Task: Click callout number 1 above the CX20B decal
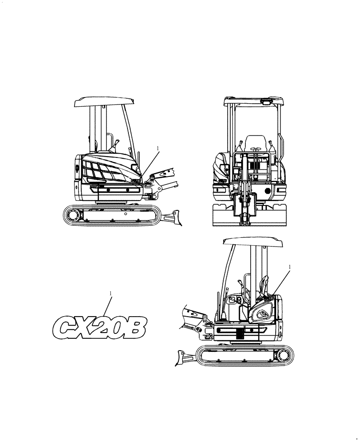point(110,293)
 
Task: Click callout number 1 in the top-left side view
point(157,148)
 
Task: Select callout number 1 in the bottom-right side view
point(289,267)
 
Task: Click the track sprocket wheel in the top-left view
point(72,214)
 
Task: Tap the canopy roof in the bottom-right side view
point(253,242)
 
